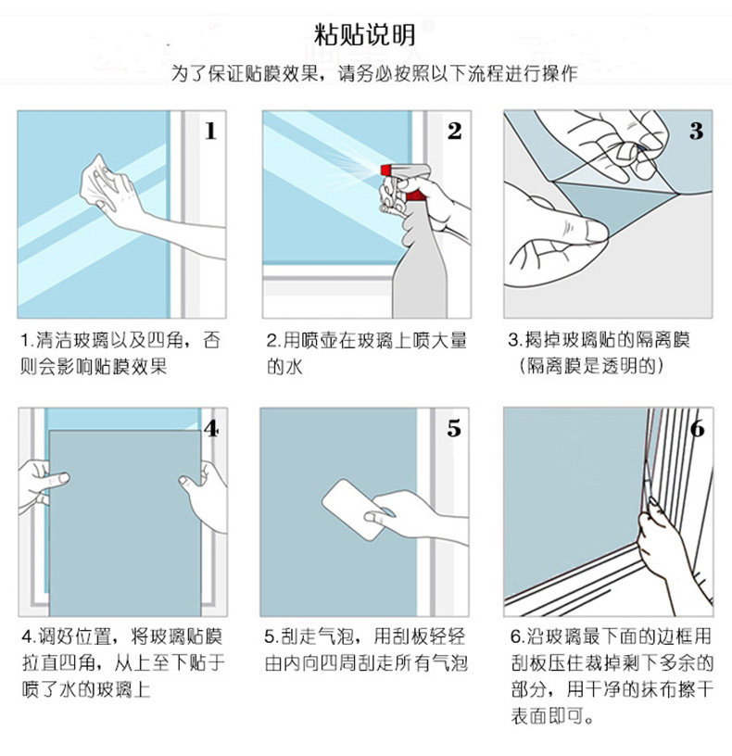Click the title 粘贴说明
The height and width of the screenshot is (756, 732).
pyautogui.click(x=365, y=34)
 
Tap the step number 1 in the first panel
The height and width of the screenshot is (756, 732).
pyautogui.click(x=210, y=131)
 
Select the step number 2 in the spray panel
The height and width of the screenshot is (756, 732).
pyautogui.click(x=454, y=131)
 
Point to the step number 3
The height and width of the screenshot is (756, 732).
pyautogui.click(x=696, y=131)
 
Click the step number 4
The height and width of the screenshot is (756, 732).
pyautogui.click(x=211, y=428)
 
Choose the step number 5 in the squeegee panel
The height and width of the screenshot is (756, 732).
pyautogui.click(x=454, y=428)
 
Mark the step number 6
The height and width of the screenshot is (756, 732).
pyautogui.click(x=698, y=428)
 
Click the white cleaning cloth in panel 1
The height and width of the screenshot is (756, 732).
pyautogui.click(x=96, y=181)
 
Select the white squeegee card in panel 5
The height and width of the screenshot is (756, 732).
pyautogui.click(x=355, y=509)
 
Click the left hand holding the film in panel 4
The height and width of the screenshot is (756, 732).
pyautogui.click(x=41, y=485)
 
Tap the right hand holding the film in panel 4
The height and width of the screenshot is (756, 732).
pyautogui.click(x=205, y=494)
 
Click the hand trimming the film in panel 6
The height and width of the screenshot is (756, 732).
pyautogui.click(x=670, y=549)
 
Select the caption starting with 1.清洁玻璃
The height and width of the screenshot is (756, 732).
pyautogui.click(x=120, y=353)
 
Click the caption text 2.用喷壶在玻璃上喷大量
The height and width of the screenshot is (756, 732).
pyautogui.click(x=367, y=340)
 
